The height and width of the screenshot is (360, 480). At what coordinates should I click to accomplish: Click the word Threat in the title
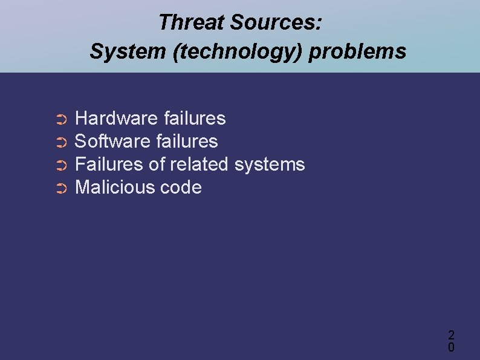pyautogui.click(x=191, y=23)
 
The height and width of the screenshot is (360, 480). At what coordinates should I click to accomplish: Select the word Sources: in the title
pyautogui.click(x=277, y=23)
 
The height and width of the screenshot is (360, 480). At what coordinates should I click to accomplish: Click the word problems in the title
pyautogui.click(x=358, y=52)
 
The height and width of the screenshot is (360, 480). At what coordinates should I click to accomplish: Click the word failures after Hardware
pyautogui.click(x=195, y=119)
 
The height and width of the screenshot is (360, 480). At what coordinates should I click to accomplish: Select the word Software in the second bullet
pyautogui.click(x=112, y=142)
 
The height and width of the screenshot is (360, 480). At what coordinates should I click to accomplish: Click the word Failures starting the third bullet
pyautogui.click(x=109, y=165)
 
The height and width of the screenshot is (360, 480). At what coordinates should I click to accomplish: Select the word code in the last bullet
pyautogui.click(x=181, y=188)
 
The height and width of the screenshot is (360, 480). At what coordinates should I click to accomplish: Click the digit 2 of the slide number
pyautogui.click(x=451, y=335)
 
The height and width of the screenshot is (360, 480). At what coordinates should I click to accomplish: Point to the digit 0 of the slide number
pyautogui.click(x=451, y=347)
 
